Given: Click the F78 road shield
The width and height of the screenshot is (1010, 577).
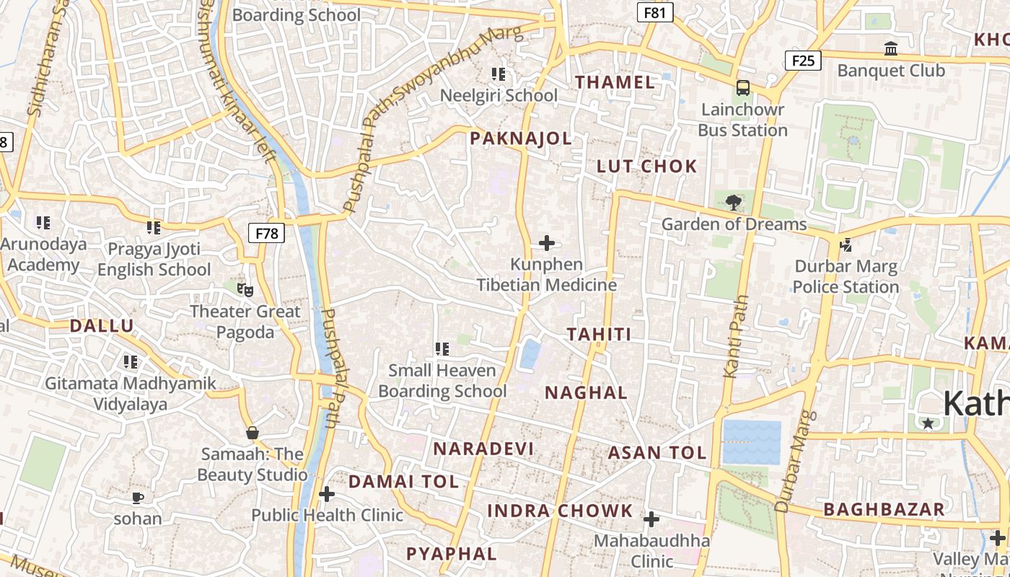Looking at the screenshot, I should click(267, 233).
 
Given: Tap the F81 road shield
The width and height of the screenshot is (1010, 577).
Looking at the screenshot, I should click(655, 12).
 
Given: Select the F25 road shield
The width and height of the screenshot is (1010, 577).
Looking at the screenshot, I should click(803, 60).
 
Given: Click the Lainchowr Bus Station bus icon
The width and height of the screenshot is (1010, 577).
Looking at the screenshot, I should click(742, 88).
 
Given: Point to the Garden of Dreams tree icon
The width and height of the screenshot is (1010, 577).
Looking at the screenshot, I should click(734, 203).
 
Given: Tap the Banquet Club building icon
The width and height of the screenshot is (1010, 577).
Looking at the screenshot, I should click(891, 49).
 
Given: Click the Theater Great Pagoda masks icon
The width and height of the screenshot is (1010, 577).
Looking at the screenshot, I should click(245, 290).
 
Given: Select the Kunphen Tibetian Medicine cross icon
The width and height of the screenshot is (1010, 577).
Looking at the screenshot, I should click(547, 242).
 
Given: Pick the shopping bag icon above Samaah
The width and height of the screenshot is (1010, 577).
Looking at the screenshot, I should click(252, 433).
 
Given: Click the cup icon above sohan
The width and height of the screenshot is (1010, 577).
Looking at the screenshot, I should click(138, 498).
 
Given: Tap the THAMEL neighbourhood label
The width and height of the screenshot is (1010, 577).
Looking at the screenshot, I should click(615, 82).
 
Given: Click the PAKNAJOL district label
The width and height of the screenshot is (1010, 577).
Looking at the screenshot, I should click(520, 138).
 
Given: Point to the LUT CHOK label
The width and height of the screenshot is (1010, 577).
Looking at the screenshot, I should click(647, 167).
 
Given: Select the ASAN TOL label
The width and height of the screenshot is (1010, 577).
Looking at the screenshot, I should click(656, 453).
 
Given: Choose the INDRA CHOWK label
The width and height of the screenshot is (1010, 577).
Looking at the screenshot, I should click(560, 511).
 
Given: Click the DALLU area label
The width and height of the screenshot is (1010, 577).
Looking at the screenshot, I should click(102, 326).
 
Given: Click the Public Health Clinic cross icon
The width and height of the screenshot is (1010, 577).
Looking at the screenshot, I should click(327, 494).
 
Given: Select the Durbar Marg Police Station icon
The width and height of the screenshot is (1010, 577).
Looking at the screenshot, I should click(846, 245).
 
